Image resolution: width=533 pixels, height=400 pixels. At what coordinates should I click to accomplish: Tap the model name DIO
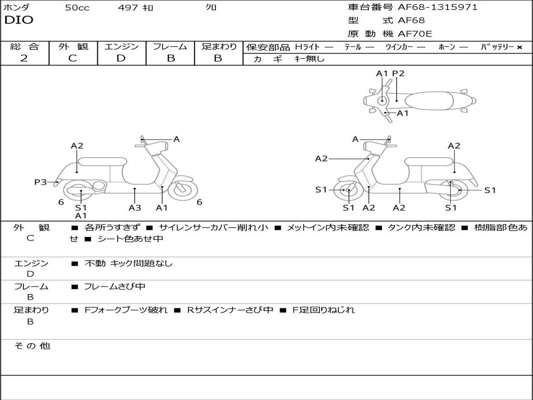[x=19, y=20]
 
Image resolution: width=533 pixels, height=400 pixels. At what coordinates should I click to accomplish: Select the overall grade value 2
[x=24, y=58]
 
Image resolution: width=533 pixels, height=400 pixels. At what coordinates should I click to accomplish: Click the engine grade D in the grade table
[x=121, y=58]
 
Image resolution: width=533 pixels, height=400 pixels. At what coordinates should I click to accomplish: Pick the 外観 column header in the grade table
[x=73, y=46]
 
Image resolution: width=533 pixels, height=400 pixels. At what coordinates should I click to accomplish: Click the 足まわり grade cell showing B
[x=218, y=58]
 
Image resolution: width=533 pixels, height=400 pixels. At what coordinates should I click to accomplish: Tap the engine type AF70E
[x=415, y=34]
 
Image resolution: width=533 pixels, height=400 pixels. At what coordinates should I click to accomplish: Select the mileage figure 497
[x=128, y=8]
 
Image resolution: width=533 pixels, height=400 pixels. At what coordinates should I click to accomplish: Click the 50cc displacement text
[x=77, y=8]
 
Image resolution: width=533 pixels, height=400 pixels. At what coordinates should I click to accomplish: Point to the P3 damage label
[x=41, y=182]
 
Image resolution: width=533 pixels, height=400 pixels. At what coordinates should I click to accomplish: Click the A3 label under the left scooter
[x=135, y=207]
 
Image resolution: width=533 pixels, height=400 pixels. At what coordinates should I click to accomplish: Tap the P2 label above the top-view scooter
[x=398, y=73]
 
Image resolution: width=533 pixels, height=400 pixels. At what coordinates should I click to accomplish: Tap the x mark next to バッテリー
[x=519, y=47]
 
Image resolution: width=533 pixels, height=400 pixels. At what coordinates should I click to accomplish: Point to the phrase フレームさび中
[x=115, y=286]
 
